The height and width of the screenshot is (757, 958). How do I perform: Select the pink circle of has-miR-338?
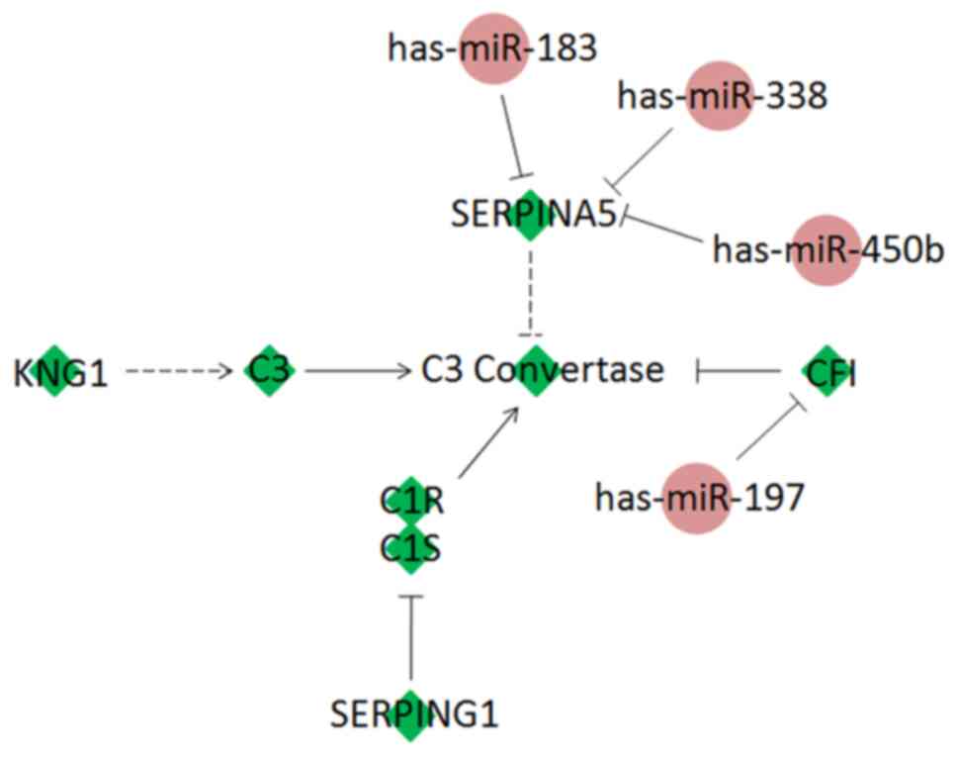[x=720, y=96]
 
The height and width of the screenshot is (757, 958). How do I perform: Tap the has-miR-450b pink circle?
[x=823, y=250]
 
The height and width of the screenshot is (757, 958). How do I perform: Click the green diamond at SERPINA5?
[x=532, y=215]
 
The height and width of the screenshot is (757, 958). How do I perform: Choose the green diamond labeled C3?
[x=270, y=371]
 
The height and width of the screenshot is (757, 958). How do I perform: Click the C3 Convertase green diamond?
[x=535, y=371]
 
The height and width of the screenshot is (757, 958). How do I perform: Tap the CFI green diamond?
[x=825, y=371]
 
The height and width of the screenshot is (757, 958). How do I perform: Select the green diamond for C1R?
[x=409, y=500]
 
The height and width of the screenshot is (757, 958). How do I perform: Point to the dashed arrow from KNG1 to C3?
[x=178, y=372]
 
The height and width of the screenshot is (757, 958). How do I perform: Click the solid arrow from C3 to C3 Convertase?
[x=356, y=372]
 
